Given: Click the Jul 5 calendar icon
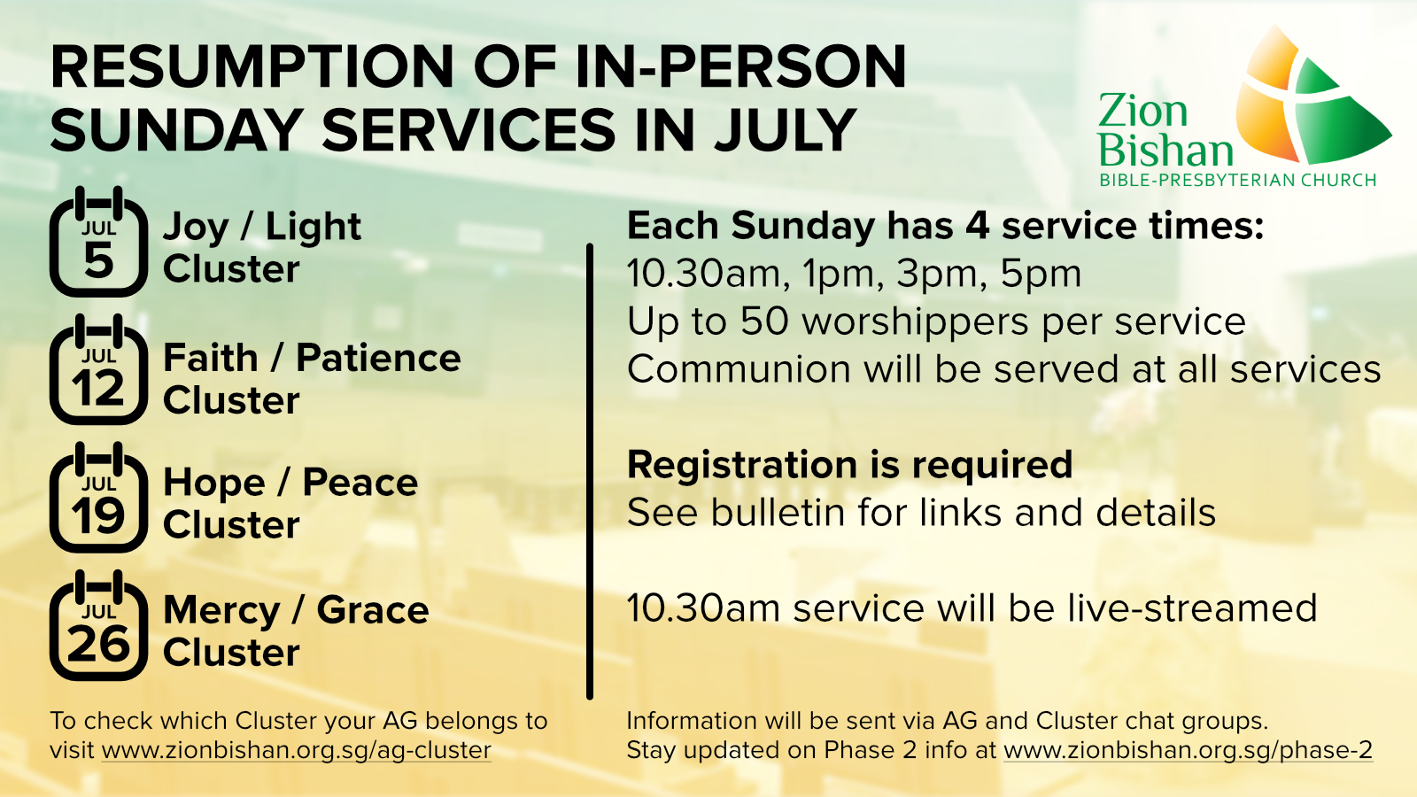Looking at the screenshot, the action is coord(98,242).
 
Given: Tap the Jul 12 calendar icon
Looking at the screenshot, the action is coord(98,369).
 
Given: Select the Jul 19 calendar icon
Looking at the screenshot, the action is coord(98,497).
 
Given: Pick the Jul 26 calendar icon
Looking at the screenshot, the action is coord(98,625).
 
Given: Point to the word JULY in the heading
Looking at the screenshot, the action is coord(786,129).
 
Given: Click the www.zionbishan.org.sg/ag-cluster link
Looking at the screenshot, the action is coord(296,750).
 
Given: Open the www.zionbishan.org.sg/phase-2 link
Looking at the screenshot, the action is coord(1188,750).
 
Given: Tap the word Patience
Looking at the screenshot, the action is coord(378,358).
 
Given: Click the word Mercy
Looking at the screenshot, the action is coord(221,612).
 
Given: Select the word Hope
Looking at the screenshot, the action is coord(213,484).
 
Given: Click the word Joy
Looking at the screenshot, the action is coord(196,228).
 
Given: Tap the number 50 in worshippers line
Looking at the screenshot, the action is coord(764,321).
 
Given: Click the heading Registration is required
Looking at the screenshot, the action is coord(849,465).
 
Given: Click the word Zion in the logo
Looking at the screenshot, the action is coord(1142,111).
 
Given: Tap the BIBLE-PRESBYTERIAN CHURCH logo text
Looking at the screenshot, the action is coord(1238,181).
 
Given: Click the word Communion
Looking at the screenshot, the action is coord(739,368).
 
